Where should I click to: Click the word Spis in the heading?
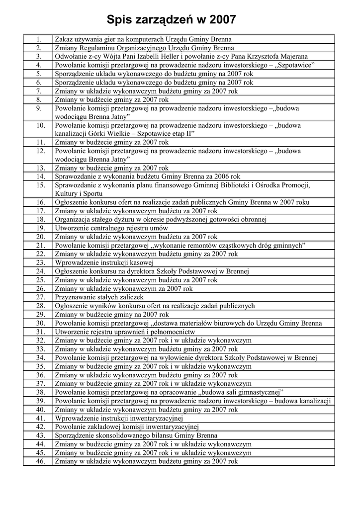pyautogui.click(x=121, y=19)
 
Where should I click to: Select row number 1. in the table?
pyautogui.click(x=38, y=39)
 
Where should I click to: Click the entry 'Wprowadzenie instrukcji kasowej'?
pyautogui.click(x=104, y=262)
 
